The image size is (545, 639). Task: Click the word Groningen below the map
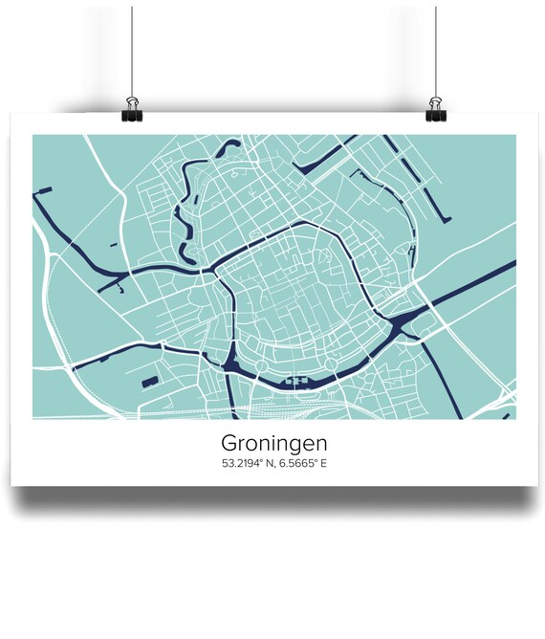(x=272, y=444)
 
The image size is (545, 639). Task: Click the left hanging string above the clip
(x=131, y=48)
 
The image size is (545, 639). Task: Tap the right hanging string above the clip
(x=436, y=48)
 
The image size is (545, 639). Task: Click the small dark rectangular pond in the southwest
(x=150, y=382)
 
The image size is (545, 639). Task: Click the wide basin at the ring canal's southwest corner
(x=232, y=362)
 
